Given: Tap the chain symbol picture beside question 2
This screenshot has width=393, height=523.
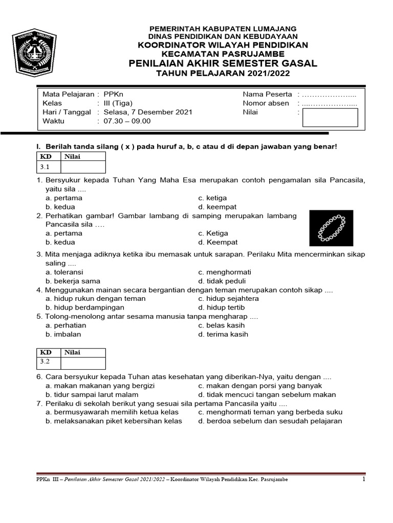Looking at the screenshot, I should pyautogui.click(x=331, y=228).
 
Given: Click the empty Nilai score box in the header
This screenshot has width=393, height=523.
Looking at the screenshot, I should pyautogui.click(x=330, y=117).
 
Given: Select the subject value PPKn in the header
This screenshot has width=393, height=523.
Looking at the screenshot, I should pyautogui.click(x=114, y=94).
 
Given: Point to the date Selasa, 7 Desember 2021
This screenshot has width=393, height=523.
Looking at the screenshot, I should pyautogui.click(x=140, y=112).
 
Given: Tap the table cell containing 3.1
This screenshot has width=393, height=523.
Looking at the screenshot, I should pyautogui.click(x=48, y=167).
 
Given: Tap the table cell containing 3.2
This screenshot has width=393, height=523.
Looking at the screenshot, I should pyautogui.click(x=48, y=362).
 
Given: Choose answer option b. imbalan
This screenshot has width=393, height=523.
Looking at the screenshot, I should pyautogui.click(x=63, y=335).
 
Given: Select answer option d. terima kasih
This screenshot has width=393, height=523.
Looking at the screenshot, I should pyautogui.click(x=223, y=335).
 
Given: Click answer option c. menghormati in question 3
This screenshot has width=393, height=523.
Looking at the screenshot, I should pyautogui.click(x=225, y=272).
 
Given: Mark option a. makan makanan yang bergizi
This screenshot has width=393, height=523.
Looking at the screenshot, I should pyautogui.click(x=100, y=386).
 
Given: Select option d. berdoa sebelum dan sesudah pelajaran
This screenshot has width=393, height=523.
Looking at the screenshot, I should pyautogui.click(x=270, y=421).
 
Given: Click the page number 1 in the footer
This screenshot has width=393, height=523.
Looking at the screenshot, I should pyautogui.click(x=364, y=480).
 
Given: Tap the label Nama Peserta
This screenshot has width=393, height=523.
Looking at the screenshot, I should pyautogui.click(x=267, y=94).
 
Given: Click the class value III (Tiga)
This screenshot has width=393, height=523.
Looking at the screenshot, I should pyautogui.click(x=118, y=103).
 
